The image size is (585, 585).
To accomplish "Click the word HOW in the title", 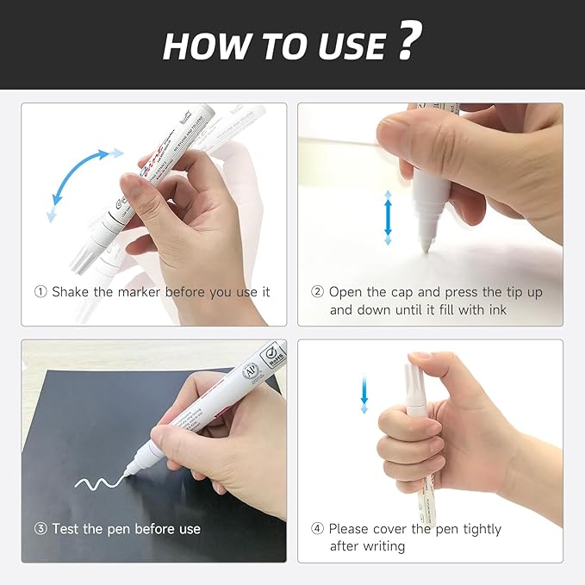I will click(202, 46).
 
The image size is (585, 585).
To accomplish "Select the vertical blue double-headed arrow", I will click(388, 217).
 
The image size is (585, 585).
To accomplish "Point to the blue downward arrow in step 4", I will click(364, 392).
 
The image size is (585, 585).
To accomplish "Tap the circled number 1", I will click(40, 292).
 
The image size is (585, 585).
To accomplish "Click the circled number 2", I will click(317, 292).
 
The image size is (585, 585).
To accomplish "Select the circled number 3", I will click(40, 529).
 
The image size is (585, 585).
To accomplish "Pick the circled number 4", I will click(317, 529).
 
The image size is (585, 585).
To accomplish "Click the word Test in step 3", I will click(66, 529).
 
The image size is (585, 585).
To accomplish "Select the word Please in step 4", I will click(352, 529).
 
